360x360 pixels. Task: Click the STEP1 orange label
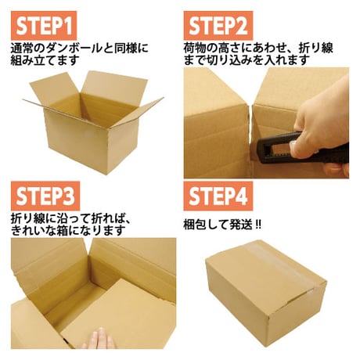coord(44,25)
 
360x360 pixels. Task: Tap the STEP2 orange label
coord(218,25)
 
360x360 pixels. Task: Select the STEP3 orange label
coord(45,196)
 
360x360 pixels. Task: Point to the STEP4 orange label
coord(218,196)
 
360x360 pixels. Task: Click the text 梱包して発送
coord(218,225)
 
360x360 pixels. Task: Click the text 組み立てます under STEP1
coord(45,60)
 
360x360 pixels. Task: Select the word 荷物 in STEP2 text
coord(195,49)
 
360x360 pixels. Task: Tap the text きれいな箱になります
coord(68,230)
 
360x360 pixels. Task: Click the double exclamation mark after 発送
coord(257,225)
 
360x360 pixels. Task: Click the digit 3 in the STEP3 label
coord(69,196)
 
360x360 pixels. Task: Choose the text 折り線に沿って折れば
coord(68,218)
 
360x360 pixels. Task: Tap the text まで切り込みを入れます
coord(247,60)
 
